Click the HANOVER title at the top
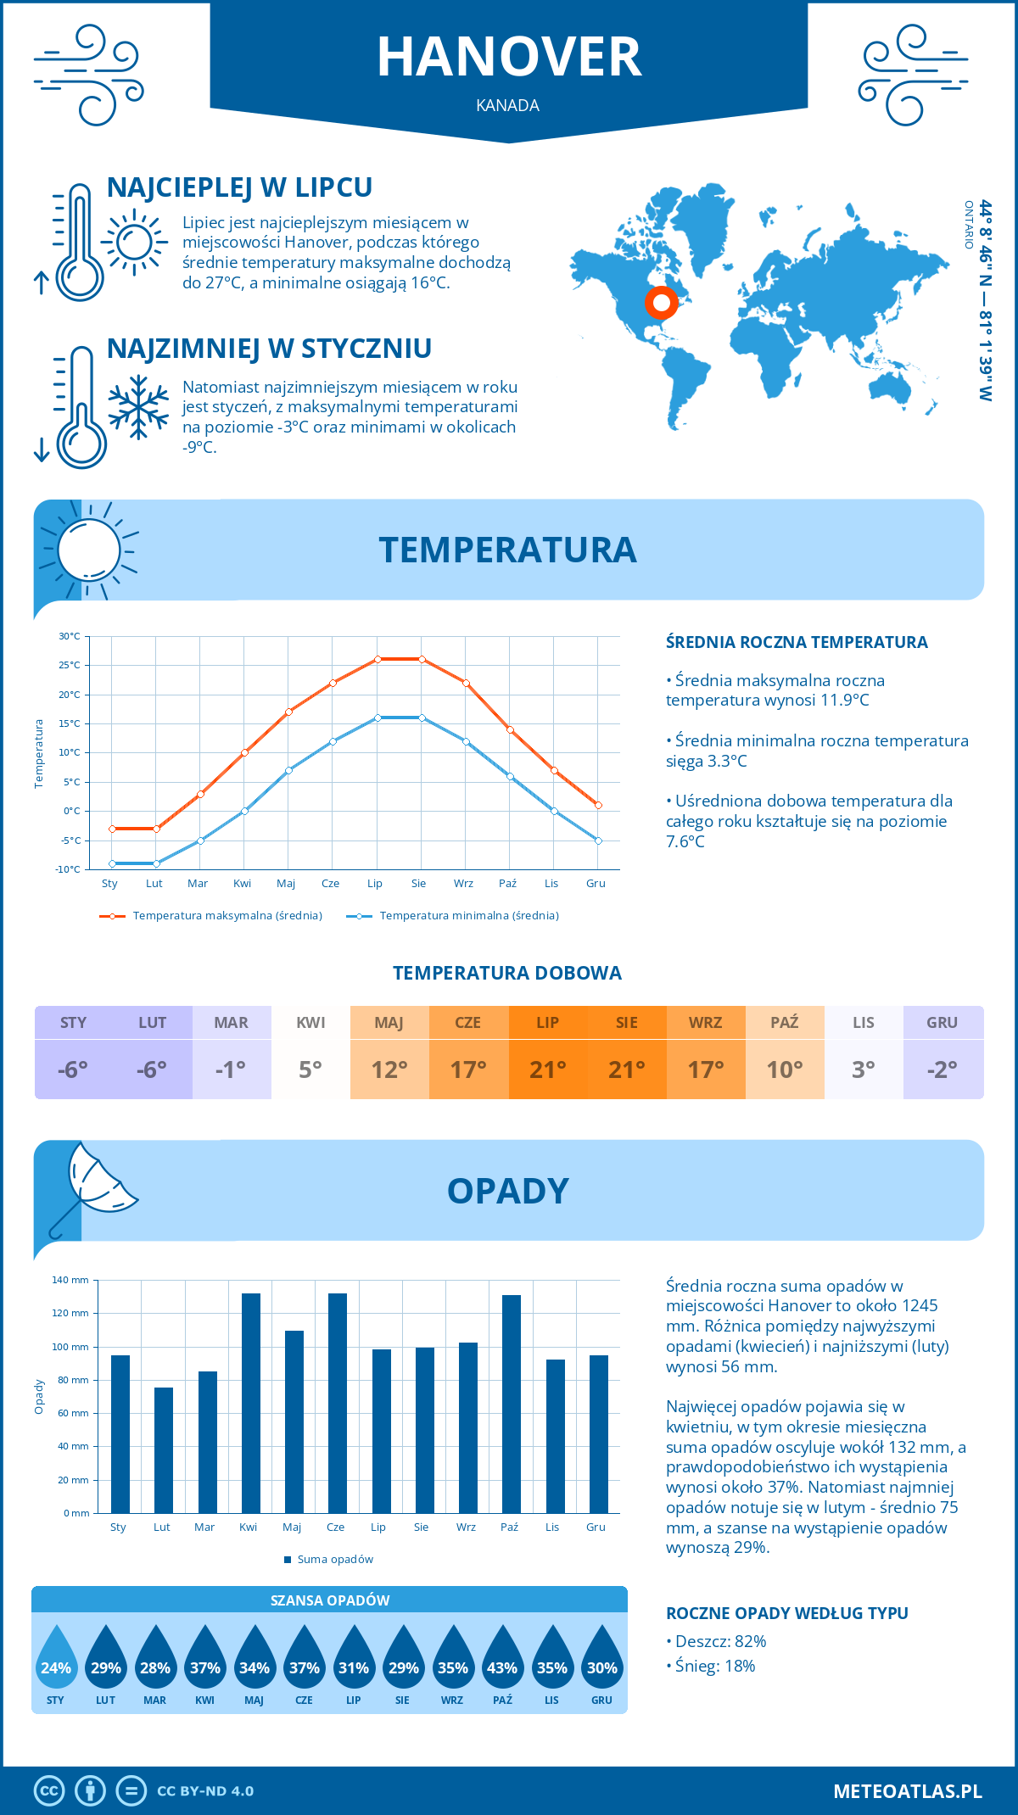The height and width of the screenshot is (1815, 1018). pyautogui.click(x=509, y=58)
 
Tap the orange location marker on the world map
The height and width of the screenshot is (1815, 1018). pyautogui.click(x=661, y=303)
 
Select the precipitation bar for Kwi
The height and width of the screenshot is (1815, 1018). pyautogui.click(x=250, y=1403)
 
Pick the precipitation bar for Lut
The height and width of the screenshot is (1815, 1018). pyautogui.click(x=164, y=1449)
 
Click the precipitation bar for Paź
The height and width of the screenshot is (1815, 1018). pyautogui.click(x=511, y=1404)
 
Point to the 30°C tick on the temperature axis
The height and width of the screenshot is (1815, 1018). pyautogui.click(x=70, y=636)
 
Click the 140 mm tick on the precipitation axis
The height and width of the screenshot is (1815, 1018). pyautogui.click(x=71, y=1280)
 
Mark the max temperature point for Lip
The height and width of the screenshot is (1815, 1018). pyautogui.click(x=378, y=659)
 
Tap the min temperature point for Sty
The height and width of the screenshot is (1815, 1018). pyautogui.click(x=112, y=863)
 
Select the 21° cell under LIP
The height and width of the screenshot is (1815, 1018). pyautogui.click(x=547, y=1069)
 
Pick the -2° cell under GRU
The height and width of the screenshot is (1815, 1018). pyautogui.click(x=942, y=1069)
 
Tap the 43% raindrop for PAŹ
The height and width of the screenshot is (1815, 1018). pyautogui.click(x=502, y=1667)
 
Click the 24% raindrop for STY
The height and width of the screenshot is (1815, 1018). pyautogui.click(x=56, y=1667)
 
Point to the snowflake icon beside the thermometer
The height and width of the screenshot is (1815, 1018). pyautogui.click(x=138, y=407)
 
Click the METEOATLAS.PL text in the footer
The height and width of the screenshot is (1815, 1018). pyautogui.click(x=907, y=1791)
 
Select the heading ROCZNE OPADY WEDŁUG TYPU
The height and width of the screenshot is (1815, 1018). pyautogui.click(x=786, y=1613)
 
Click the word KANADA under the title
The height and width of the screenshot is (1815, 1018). pyautogui.click(x=508, y=105)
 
